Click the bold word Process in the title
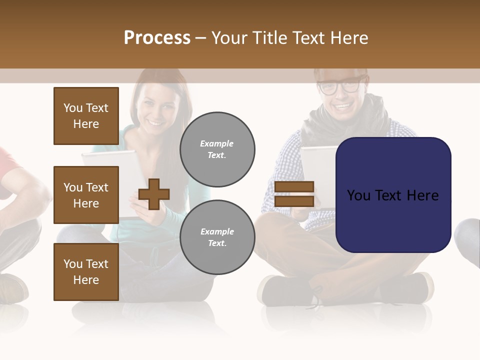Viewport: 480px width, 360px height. click(157, 38)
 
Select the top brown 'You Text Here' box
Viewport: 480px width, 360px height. click(86, 116)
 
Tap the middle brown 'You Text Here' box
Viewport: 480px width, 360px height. click(86, 195)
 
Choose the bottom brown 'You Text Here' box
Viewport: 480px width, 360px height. click(86, 272)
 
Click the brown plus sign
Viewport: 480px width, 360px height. click(154, 194)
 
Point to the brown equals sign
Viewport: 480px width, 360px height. click(294, 194)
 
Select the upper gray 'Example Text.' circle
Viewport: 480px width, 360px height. click(217, 149)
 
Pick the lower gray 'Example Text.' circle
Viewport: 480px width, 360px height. click(217, 237)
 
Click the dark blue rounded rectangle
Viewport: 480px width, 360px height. click(393, 195)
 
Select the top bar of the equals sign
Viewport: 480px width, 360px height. click(294, 187)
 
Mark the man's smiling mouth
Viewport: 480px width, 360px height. click(342, 106)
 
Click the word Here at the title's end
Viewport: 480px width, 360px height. click(350, 38)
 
